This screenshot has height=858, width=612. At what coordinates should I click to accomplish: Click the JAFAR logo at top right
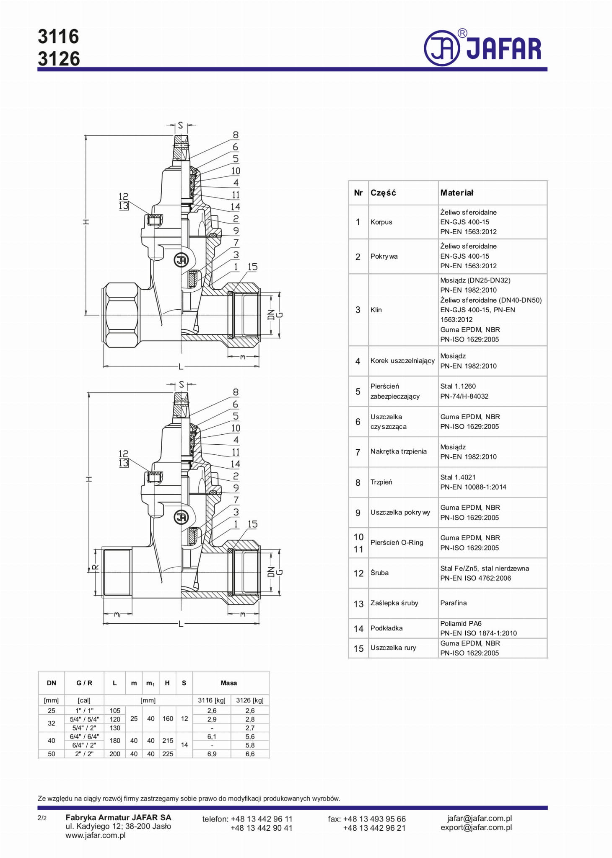click(x=483, y=48)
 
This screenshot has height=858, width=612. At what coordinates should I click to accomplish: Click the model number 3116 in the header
click(x=58, y=37)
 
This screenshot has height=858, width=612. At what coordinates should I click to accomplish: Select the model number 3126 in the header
click(x=59, y=59)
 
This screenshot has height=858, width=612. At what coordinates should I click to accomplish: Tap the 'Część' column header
click(x=383, y=193)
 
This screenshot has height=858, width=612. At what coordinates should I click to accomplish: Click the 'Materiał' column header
click(x=456, y=193)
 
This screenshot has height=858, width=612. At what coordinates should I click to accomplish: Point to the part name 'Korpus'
click(x=381, y=222)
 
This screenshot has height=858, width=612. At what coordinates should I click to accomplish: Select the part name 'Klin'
click(x=376, y=310)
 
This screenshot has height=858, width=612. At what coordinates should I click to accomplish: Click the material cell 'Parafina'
click(x=453, y=603)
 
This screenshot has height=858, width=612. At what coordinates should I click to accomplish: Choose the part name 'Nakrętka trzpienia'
click(x=398, y=451)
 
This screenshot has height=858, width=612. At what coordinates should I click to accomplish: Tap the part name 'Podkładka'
click(x=386, y=628)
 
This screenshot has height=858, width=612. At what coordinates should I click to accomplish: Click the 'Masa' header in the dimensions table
click(x=228, y=683)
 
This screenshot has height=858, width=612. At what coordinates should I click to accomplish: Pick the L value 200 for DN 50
click(x=114, y=754)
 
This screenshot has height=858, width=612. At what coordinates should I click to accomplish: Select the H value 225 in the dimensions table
click(x=168, y=754)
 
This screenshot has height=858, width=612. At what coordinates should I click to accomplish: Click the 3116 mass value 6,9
click(x=212, y=754)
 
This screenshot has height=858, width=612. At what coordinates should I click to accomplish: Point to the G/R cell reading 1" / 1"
click(x=84, y=710)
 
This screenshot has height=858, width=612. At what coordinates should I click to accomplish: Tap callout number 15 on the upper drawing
click(x=252, y=267)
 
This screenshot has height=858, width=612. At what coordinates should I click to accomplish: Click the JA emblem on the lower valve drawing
click(x=181, y=517)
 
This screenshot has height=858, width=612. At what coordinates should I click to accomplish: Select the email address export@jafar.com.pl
click(x=476, y=827)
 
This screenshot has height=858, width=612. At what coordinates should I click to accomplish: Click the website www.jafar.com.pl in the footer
click(x=95, y=835)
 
